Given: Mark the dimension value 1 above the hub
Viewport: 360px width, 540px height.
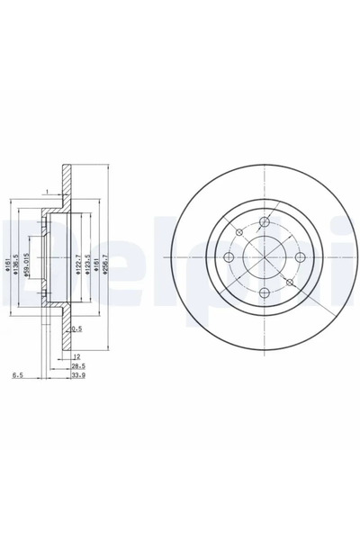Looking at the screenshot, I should pyautogui.click(x=44, y=192).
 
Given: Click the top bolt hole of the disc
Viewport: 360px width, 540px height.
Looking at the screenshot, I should pyautogui.click(x=264, y=223).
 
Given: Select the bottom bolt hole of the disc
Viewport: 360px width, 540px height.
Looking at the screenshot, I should pyautogui.click(x=264, y=293).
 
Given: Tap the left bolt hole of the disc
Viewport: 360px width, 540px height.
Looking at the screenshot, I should pyautogui.click(x=229, y=258).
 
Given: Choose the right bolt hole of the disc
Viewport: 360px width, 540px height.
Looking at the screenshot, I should pyautogui.click(x=299, y=258).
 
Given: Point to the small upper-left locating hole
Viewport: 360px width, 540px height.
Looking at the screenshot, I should pyautogui.click(x=240, y=233).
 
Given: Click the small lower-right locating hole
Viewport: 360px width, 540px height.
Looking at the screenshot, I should pyautogui.click(x=289, y=283).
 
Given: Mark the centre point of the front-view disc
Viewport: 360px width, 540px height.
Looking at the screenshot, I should pyautogui.click(x=264, y=258).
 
